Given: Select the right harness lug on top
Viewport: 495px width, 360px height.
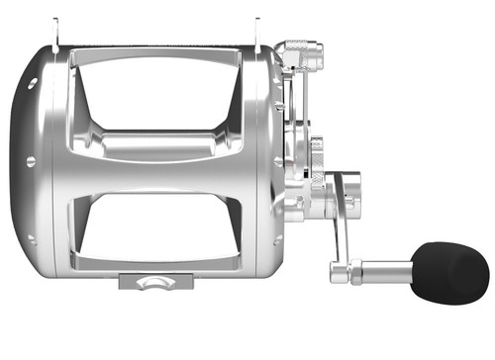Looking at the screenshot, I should pyautogui.click(x=257, y=30).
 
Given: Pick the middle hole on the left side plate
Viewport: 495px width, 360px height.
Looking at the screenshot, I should pyautogui.click(x=30, y=161).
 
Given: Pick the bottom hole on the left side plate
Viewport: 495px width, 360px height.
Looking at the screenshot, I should pyautogui.click(x=31, y=236).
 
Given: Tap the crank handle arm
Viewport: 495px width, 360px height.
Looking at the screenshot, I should pyautogui.click(x=341, y=223).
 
